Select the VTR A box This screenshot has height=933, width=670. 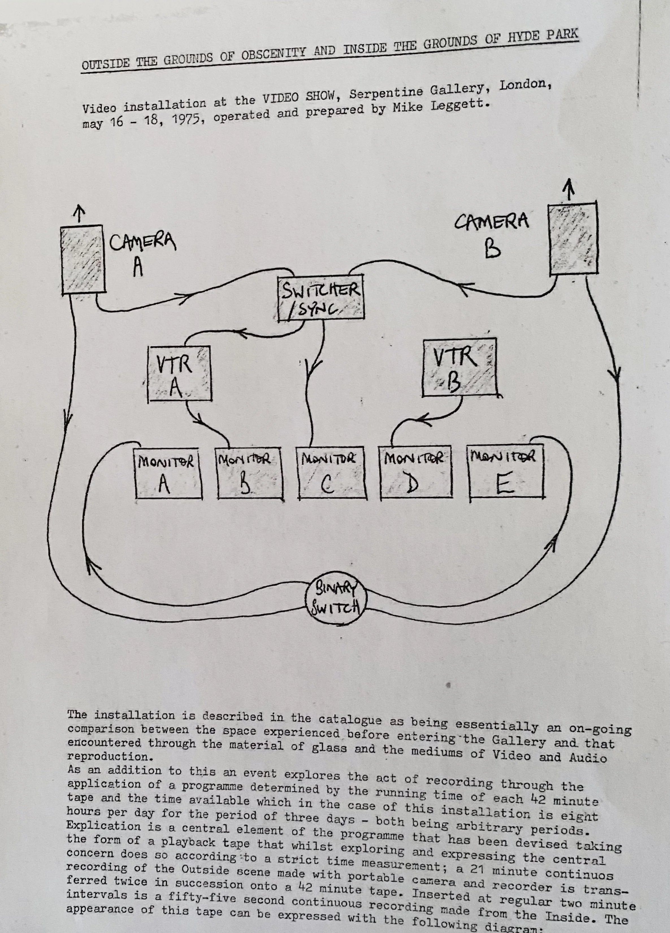click(179, 373)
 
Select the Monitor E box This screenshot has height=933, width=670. click(506, 473)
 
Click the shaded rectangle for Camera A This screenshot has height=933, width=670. click(83, 259)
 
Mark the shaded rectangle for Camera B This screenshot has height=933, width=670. click(573, 239)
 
